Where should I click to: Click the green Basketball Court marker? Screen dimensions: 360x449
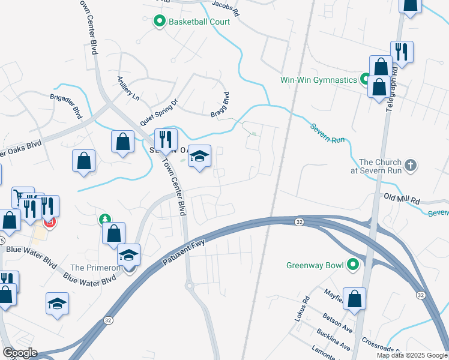(160, 22)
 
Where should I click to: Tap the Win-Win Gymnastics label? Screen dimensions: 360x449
(319, 79)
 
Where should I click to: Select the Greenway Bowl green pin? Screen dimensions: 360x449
(354, 264)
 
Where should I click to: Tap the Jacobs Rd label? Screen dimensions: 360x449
(227, 9)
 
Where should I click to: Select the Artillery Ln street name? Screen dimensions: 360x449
(128, 88)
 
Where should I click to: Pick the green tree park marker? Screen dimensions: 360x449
(106, 220)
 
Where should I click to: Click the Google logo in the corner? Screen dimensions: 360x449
(19, 353)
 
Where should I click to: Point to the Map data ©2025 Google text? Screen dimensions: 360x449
(411, 355)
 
